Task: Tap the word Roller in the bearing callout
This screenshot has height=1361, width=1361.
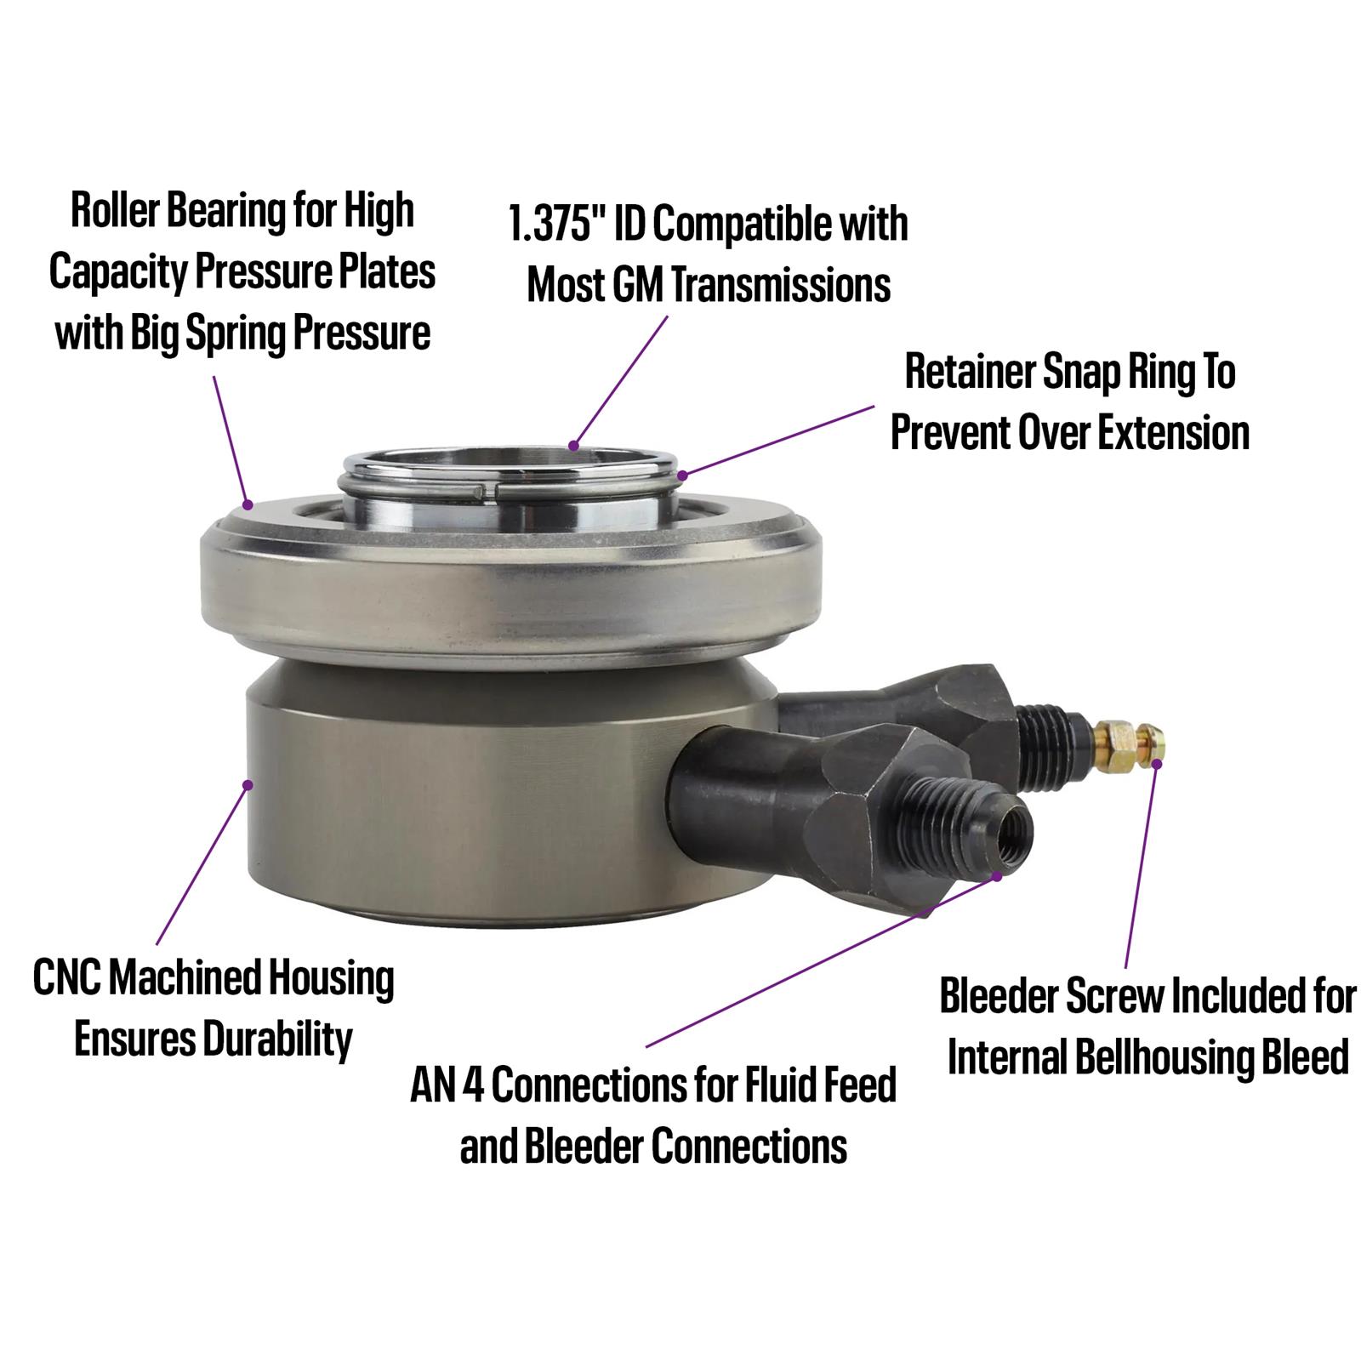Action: pyautogui.click(x=115, y=211)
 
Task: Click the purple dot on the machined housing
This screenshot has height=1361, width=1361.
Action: pyautogui.click(x=248, y=783)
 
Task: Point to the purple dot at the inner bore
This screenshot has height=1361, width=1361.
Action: pyautogui.click(x=574, y=445)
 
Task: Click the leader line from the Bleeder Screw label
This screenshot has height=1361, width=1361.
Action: pyautogui.click(x=1140, y=868)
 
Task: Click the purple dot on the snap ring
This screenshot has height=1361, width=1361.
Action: pyautogui.click(x=681, y=474)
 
